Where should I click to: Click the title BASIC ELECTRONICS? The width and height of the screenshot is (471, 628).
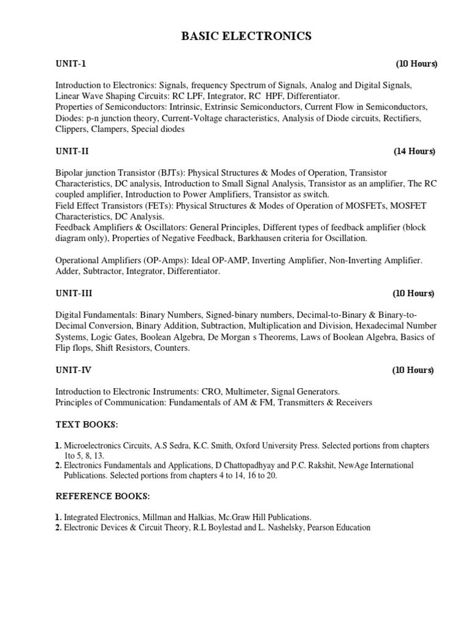pos(246,37)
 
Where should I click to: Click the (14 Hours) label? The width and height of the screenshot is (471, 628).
pos(415,151)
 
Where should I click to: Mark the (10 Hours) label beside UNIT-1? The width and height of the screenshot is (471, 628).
pos(416,64)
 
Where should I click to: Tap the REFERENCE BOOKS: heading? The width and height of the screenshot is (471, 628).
pos(103,496)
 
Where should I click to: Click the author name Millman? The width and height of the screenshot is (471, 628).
pos(157,517)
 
